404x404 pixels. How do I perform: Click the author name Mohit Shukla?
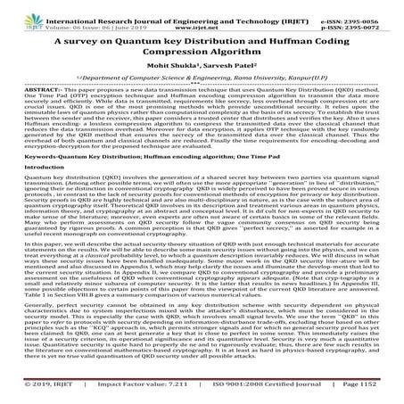[179, 77]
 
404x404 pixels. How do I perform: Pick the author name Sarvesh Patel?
[230, 77]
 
